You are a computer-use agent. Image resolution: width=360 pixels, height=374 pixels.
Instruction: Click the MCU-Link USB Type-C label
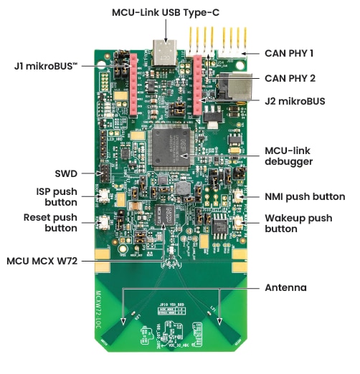[166, 13]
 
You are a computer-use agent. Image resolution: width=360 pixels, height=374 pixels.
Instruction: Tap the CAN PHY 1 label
[289, 53]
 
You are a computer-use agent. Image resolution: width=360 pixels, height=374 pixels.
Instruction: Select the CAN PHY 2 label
[290, 78]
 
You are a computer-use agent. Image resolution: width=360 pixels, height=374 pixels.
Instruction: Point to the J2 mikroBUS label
[295, 101]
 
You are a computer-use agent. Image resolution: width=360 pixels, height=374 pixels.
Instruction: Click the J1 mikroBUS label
[46, 66]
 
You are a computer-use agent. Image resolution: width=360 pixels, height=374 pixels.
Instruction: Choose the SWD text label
[66, 173]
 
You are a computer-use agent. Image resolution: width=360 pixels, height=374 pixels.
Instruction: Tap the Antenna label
[285, 287]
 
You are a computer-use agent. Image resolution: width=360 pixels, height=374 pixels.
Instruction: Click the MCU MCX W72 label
[42, 261]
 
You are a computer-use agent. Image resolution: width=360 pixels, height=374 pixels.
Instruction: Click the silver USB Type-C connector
[165, 53]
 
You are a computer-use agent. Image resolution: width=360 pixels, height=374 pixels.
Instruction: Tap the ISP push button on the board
[104, 196]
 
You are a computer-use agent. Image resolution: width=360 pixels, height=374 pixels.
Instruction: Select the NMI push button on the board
[239, 196]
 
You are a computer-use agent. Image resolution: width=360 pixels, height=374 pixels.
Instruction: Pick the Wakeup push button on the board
[238, 223]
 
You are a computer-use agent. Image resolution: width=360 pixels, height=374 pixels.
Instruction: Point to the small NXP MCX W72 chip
[165, 215]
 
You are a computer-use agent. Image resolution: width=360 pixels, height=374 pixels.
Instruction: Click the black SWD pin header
[105, 173]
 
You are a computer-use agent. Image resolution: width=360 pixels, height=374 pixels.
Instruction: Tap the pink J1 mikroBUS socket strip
[133, 85]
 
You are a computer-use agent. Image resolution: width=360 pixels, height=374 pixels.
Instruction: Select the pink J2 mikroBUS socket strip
[197, 85]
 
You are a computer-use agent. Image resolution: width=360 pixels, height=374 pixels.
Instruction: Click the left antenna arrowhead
[123, 322]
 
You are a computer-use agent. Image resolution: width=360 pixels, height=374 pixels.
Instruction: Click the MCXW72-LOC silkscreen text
[98, 310]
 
